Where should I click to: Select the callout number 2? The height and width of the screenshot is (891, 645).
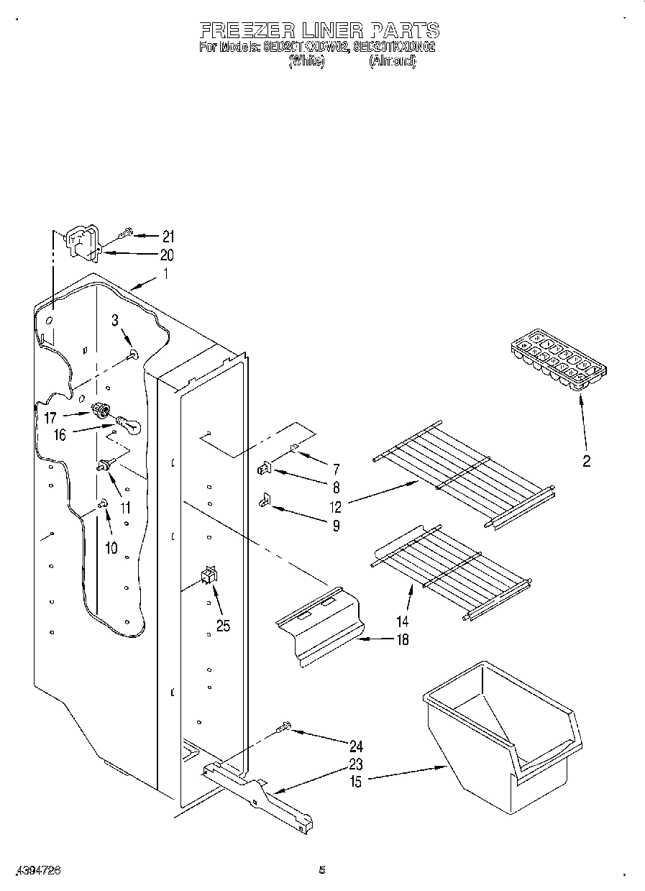click(586, 462)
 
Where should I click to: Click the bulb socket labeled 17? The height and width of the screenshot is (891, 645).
click(102, 411)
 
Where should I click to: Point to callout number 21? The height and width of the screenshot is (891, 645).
click(168, 236)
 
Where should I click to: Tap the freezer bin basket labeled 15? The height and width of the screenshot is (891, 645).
click(503, 734)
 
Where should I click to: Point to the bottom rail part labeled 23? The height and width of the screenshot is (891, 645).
click(259, 795)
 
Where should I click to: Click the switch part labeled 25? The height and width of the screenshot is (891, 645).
click(209, 573)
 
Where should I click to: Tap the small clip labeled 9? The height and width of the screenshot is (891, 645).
click(265, 499)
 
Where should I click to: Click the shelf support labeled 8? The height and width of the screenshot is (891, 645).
click(263, 470)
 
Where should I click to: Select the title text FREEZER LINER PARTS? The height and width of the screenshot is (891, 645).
click(319, 30)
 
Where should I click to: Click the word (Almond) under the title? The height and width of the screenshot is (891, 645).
click(392, 62)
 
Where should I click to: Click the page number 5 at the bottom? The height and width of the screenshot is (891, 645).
click(322, 871)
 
